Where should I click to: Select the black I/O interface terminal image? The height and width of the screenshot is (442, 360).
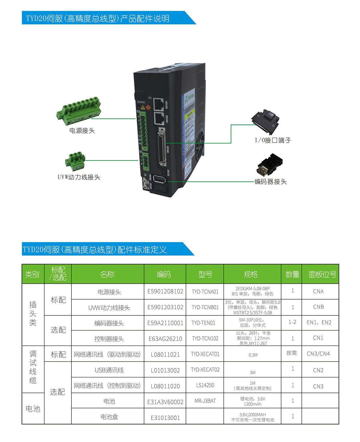[x=265, y=122]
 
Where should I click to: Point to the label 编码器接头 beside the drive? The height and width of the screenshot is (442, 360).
[x=271, y=182]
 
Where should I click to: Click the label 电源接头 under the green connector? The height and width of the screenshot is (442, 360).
[x=82, y=131]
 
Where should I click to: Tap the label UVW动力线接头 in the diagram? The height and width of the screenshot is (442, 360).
[x=79, y=177]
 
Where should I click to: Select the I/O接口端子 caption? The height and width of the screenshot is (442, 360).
[x=273, y=140]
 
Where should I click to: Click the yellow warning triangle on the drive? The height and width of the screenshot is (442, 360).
[x=143, y=107]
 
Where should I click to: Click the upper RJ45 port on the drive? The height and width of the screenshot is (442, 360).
[x=158, y=104]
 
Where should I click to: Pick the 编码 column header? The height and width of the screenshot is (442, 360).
[x=164, y=274]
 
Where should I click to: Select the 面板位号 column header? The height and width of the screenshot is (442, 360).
[x=322, y=274]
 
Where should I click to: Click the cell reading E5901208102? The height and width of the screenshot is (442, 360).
[x=165, y=292]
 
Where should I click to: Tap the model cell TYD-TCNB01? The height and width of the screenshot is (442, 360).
[x=205, y=307]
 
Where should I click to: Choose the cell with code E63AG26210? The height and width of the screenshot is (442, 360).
[x=165, y=339]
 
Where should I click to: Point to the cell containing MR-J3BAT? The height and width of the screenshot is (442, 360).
[x=205, y=401]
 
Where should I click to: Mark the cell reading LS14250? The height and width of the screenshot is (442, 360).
[x=205, y=385]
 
